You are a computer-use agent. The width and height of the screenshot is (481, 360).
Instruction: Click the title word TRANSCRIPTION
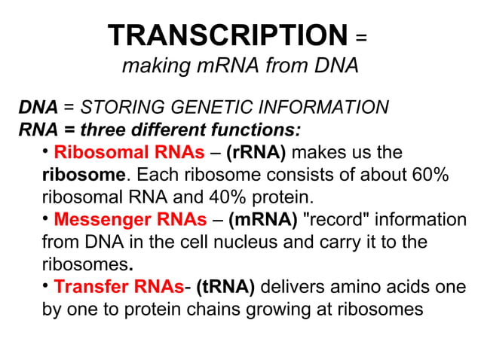(227, 35)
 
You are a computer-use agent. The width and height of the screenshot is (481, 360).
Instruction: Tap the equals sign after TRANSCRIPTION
(361, 37)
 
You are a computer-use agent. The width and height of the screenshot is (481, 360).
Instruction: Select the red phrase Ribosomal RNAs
(129, 153)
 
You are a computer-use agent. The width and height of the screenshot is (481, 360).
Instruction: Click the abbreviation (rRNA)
(256, 153)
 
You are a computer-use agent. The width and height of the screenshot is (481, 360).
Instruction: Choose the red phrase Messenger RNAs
(130, 220)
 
